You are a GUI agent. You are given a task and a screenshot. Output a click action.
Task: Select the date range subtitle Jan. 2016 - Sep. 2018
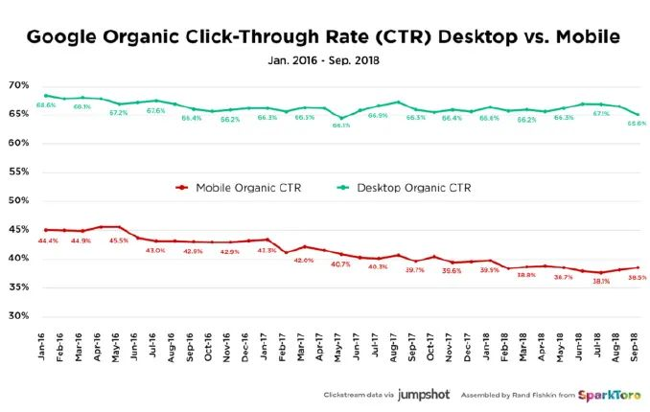[326, 61]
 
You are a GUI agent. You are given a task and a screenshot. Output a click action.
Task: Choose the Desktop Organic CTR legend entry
[414, 188]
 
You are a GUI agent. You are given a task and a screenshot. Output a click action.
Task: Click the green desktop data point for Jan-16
[46, 95]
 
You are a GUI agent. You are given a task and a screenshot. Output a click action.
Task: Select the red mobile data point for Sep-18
[638, 267]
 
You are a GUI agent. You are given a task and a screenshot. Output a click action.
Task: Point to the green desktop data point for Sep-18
[638, 115]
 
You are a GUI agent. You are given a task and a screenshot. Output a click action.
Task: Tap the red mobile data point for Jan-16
[46, 230]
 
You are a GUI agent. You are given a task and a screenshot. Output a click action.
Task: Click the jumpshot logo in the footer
[426, 393]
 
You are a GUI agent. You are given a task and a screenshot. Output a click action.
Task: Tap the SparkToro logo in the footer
[603, 393]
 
